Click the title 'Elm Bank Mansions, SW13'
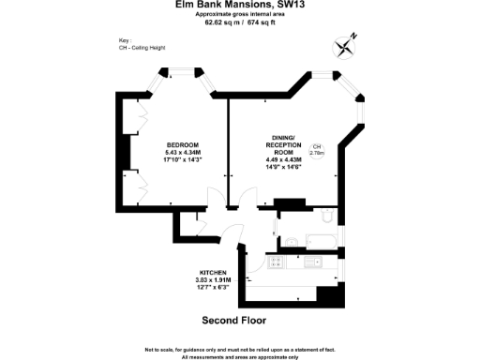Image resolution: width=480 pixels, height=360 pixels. click(240, 5)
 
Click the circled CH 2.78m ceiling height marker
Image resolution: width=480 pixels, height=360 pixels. click(317, 151)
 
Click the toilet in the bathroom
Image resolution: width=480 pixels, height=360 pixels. click(326, 217)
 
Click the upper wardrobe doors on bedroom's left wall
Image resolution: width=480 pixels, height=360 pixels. click(139, 120)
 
